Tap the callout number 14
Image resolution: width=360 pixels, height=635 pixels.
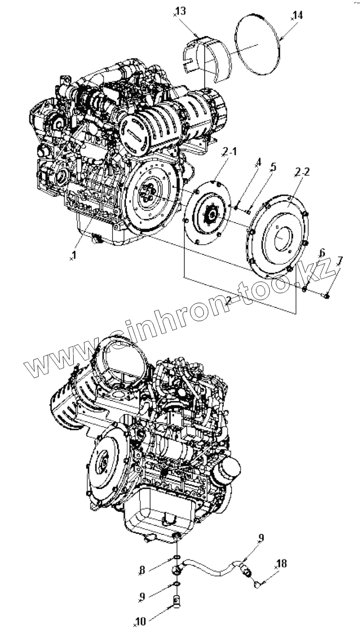pyautogui.click(x=297, y=15)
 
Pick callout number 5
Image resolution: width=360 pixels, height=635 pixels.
pyautogui.click(x=273, y=167)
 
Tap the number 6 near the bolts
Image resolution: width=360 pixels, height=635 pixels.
pyautogui.click(x=322, y=253)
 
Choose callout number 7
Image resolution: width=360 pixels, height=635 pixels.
pyautogui.click(x=340, y=261)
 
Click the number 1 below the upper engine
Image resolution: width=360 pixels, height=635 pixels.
pyautogui.click(x=74, y=254)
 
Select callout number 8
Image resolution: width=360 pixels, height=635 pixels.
pyautogui.click(x=142, y=570)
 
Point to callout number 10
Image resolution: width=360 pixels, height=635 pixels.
pyautogui.click(x=141, y=622)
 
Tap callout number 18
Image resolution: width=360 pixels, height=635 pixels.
pyautogui.click(x=281, y=564)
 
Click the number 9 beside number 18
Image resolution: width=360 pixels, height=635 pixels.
pyautogui.click(x=261, y=538)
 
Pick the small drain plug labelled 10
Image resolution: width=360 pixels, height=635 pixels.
pyautogui.click(x=177, y=601)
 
